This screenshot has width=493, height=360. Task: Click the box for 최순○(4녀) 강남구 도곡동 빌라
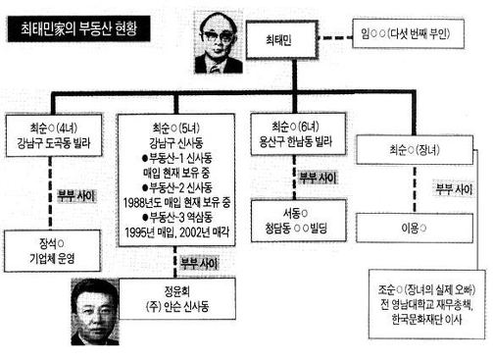pos(55,135)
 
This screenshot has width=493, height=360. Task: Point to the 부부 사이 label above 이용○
pos(457,187)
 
